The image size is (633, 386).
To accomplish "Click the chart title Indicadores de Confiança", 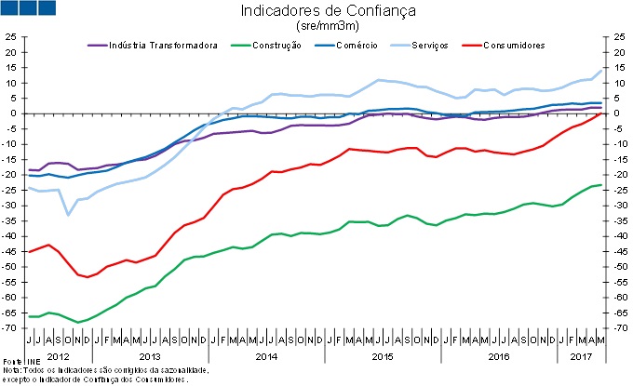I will tap(315, 12).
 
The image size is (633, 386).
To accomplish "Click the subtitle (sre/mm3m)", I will tap(316, 27).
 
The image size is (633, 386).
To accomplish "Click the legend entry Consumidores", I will tap(513, 45).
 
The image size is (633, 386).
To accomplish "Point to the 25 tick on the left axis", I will tap(11, 37).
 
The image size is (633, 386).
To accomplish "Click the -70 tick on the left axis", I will tap(11, 328).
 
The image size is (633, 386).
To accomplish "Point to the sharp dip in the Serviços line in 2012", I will tap(68, 215).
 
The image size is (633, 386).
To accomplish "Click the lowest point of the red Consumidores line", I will tap(88, 277).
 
